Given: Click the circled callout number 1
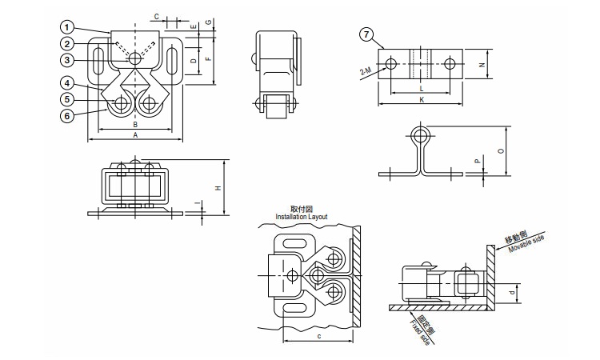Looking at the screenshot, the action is tap(67, 27).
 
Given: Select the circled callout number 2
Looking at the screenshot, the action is tap(67, 44).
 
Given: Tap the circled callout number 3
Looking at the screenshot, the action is tap(67, 60).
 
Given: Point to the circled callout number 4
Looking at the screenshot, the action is tap(67, 83).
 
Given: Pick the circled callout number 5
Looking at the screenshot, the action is tap(67, 100).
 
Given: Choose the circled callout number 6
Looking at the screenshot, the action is tap(67, 116).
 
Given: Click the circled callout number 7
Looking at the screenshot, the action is tap(366, 35).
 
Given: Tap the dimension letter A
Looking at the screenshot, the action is tap(135, 135).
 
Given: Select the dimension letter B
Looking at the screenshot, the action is tap(135, 125).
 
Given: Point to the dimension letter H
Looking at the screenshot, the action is tap(218, 188).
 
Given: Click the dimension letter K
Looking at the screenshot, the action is tap(422, 100).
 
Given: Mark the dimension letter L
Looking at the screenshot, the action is tap(422, 89).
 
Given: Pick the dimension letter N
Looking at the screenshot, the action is tap(482, 65).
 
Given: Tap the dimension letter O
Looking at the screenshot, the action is tap(502, 151).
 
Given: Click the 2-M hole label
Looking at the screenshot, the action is tap(366, 70).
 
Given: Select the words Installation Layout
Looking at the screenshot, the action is tap(302, 217).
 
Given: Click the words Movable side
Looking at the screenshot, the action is tap(526, 245).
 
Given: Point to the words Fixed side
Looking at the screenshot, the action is tap(420, 333).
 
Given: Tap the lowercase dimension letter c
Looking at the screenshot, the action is tap(318, 336).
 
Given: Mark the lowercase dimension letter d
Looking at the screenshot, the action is tap(512, 294).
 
